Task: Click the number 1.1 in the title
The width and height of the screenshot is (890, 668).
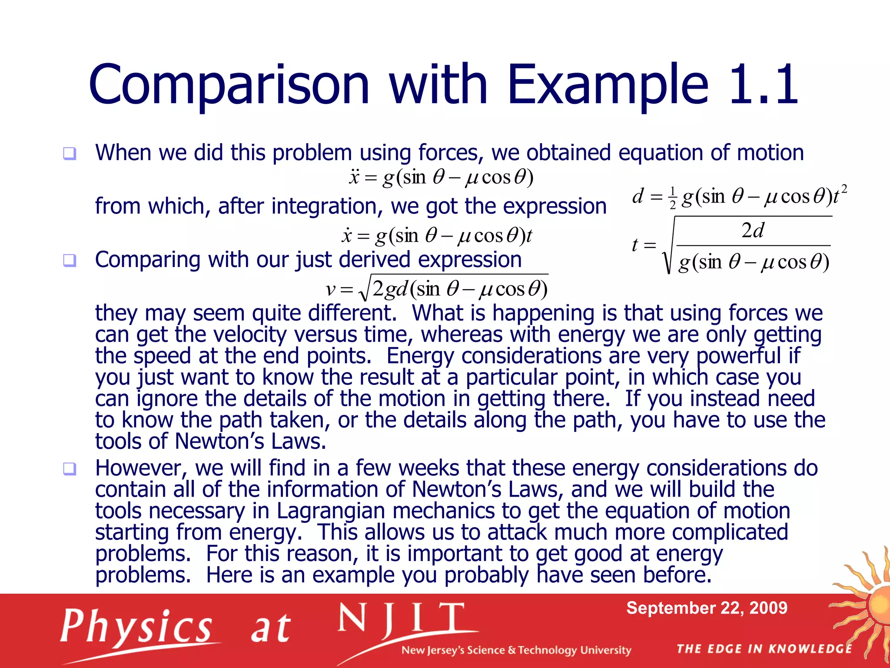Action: (764, 85)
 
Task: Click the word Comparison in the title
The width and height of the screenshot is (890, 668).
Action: (229, 85)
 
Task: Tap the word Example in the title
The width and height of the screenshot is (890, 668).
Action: (608, 85)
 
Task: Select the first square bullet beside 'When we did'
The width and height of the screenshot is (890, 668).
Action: (70, 154)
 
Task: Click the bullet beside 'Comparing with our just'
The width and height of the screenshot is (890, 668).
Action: (70, 260)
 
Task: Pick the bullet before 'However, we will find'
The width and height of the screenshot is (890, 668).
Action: (70, 469)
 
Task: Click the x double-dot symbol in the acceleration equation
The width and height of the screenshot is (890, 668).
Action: (354, 177)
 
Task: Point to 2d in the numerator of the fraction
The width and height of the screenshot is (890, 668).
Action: (753, 230)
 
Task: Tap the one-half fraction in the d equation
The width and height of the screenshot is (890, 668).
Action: (673, 198)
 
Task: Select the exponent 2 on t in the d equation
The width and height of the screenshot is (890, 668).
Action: (844, 189)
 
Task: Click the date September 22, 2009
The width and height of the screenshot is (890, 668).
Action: (707, 608)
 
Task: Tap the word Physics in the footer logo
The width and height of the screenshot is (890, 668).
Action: (136, 626)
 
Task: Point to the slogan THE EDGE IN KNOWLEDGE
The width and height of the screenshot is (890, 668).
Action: (764, 649)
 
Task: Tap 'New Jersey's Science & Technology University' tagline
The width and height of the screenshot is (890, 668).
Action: (516, 650)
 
